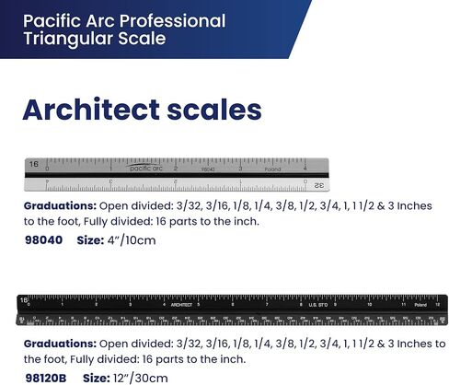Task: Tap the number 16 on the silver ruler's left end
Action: pyautogui.click(x=33, y=164)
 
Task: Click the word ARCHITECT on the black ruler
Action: pyautogui.click(x=180, y=304)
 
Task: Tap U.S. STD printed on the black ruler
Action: pyautogui.click(x=318, y=304)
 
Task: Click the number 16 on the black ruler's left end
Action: pyautogui.click(x=25, y=300)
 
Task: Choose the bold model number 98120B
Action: pyautogui.click(x=46, y=378)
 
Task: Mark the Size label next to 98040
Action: pyautogui.click(x=90, y=240)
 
